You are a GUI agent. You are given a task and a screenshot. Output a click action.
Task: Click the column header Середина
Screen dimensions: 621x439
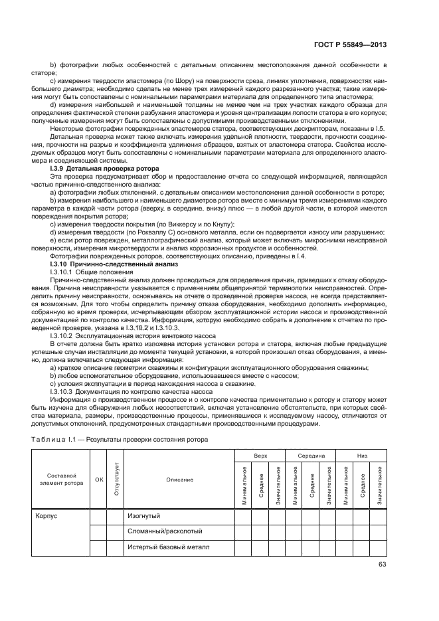pyautogui.click(x=311, y=456)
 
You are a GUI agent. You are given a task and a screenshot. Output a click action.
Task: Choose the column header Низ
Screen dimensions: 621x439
pyautogui.click(x=362, y=456)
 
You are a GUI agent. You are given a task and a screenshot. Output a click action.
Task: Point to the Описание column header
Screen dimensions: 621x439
pyautogui.click(x=179, y=480)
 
